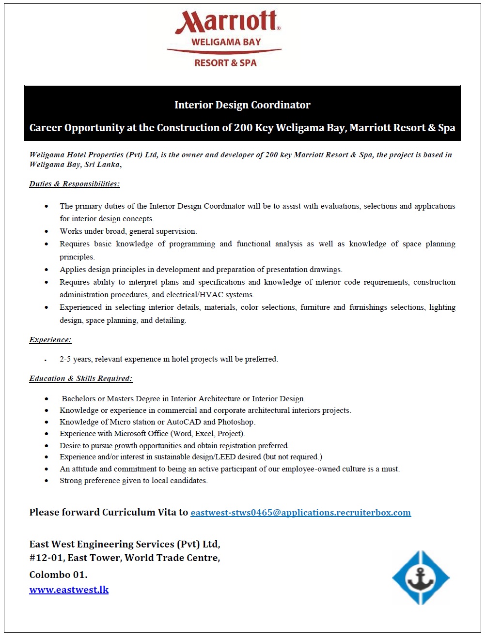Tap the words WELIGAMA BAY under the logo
pyautogui.click(x=226, y=42)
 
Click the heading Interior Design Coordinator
pyautogui.click(x=242, y=105)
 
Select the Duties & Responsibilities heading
pyautogui.click(x=74, y=184)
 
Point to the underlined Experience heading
pyautogui.click(x=50, y=340)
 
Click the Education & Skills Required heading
pyautogui.click(x=80, y=379)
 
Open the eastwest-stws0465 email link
pyautogui.click(x=300, y=513)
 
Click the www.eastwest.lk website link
pyautogui.click(x=69, y=590)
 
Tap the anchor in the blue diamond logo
pyautogui.click(x=421, y=577)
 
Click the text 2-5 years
pyautogui.click(x=75, y=359)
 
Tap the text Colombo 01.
pyautogui.click(x=58, y=575)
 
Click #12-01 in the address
pyautogui.click(x=46, y=558)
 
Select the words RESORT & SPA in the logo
pyautogui.click(x=225, y=63)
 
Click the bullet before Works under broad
pyautogui.click(x=47, y=232)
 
